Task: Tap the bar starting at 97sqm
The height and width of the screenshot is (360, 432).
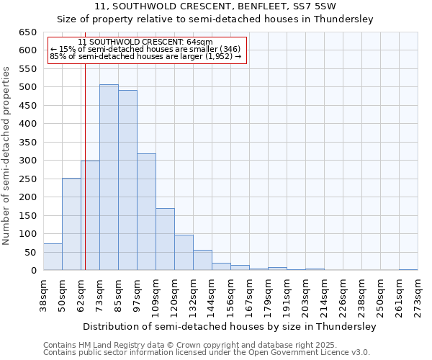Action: click(x=146, y=212)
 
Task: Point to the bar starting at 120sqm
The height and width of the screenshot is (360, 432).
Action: click(x=184, y=253)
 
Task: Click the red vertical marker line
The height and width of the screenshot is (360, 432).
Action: click(x=85, y=144)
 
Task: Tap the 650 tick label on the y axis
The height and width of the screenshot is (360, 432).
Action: click(x=27, y=32)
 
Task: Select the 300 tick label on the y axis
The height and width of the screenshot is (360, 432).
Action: click(x=27, y=161)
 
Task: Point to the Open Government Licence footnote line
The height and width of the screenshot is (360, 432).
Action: click(x=206, y=353)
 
